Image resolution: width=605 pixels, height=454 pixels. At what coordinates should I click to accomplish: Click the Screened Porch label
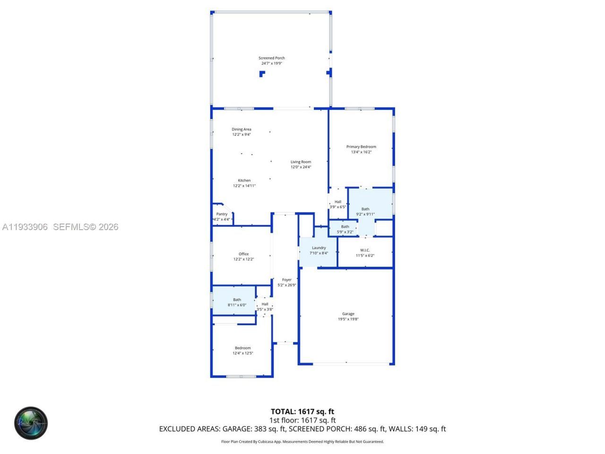coord(271,58)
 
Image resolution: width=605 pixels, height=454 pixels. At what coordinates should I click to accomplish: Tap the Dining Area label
coord(241,129)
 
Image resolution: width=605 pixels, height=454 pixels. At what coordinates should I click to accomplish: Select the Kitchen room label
coord(244,180)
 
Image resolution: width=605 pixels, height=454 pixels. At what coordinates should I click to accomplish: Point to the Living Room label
coord(301,162)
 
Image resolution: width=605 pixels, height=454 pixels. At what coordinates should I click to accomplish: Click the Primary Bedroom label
coord(361,147)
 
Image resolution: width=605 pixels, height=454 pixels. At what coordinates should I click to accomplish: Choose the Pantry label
coord(222,214)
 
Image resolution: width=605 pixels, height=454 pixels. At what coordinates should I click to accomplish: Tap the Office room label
coord(243,254)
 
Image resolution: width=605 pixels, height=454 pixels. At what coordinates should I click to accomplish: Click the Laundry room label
coord(319,248)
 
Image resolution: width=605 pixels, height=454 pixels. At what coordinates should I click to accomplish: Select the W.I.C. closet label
coord(365,250)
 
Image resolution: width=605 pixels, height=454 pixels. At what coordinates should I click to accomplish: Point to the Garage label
coord(348,314)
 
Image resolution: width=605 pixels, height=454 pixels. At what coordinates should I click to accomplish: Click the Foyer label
coord(287,279)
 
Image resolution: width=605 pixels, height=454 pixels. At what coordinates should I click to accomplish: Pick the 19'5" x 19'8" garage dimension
coord(348,319)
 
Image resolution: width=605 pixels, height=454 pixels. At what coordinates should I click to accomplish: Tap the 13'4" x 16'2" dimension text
coord(361,152)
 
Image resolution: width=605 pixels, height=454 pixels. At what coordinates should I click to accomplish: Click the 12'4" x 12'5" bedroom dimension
coord(242,353)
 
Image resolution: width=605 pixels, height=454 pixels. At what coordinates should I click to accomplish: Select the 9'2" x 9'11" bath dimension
coord(365,214)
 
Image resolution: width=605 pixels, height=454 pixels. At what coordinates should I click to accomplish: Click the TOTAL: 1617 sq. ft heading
coord(302,411)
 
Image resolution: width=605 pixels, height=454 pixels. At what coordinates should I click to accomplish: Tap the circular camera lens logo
coord(31,423)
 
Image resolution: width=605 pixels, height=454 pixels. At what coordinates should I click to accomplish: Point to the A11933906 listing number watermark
coord(25,227)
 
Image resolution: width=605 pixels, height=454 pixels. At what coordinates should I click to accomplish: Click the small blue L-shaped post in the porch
coord(262,73)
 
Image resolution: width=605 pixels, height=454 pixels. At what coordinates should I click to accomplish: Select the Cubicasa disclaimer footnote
coord(302,442)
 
